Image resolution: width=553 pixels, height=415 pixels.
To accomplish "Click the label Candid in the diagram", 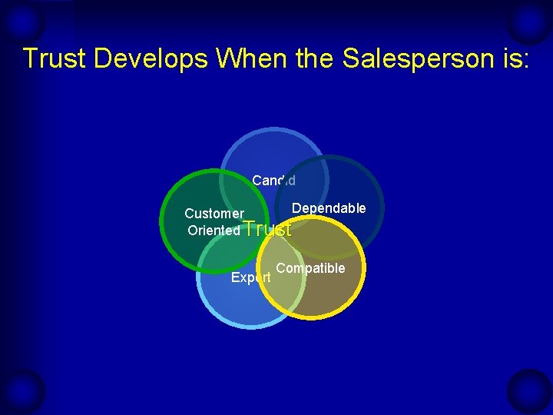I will (273, 181).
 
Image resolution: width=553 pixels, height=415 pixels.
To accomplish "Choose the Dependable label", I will (329, 209).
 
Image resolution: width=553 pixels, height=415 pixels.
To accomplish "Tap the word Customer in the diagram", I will (214, 214).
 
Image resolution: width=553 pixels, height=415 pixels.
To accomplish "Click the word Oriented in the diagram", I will (214, 231).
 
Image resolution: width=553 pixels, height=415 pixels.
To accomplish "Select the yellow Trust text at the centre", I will (267, 229).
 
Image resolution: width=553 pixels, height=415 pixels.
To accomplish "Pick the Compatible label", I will (310, 268).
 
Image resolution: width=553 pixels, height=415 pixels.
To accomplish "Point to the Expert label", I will (250, 277).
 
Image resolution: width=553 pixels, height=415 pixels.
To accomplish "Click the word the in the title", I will (310, 58).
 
